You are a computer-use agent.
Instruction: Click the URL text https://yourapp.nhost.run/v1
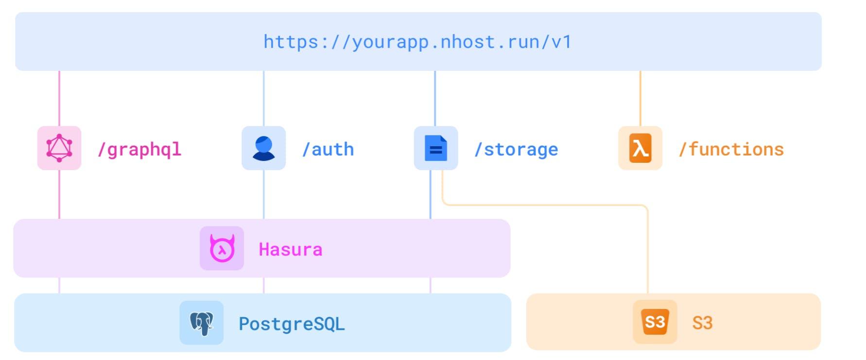[417, 42]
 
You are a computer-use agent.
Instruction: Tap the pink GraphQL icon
[59, 148]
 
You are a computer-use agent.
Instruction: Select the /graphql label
[139, 150]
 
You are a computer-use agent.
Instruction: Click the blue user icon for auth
[263, 148]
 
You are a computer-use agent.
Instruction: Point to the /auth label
[328, 150]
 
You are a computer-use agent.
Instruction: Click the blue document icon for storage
[436, 148]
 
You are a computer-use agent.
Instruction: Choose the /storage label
[516, 150]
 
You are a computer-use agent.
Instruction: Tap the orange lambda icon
[640, 148]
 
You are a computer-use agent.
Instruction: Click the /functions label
[731, 150]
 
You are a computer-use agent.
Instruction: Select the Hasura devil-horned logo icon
[222, 248]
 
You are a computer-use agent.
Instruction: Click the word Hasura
[290, 250]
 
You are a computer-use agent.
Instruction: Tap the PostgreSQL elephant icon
[202, 323]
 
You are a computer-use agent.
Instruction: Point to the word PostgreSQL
[292, 324]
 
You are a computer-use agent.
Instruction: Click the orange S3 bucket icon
[655, 322]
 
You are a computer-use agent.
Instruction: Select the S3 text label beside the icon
[702, 323]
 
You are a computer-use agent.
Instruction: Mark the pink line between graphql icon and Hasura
[59, 194]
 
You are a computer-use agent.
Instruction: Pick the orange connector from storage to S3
[544, 205]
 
